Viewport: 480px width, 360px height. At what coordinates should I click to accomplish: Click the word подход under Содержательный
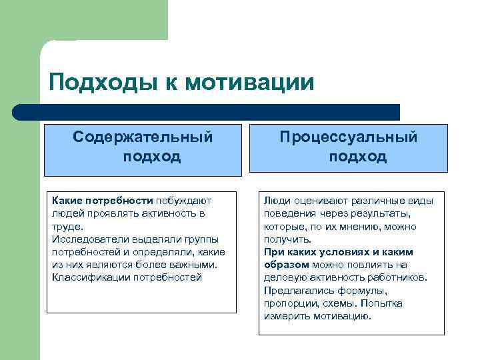[152, 157]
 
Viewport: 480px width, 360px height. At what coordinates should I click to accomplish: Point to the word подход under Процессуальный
[357, 157]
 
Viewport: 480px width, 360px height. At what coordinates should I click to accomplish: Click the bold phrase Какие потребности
[103, 200]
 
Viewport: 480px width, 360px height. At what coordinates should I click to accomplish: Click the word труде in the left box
[65, 226]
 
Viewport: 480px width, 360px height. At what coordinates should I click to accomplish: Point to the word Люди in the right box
[277, 200]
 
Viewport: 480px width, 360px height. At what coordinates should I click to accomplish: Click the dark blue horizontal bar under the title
[207, 111]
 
